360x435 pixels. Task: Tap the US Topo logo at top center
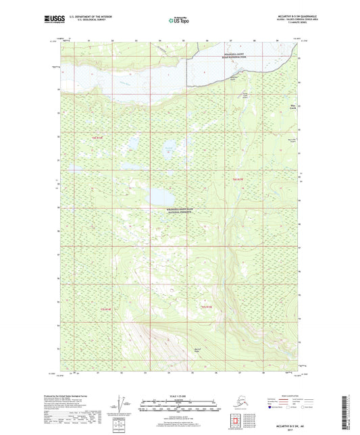179,20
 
